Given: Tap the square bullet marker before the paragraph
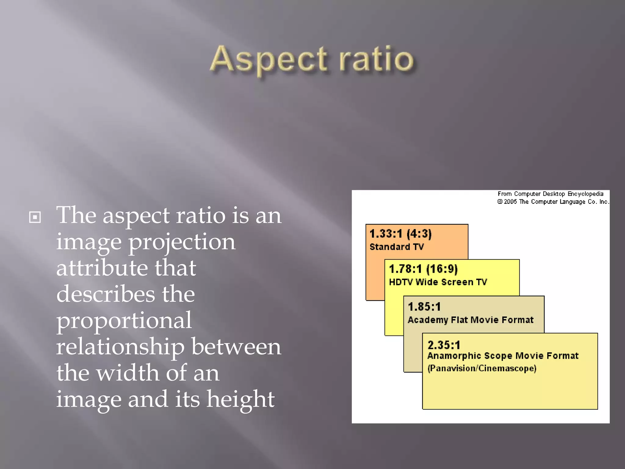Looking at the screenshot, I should pos(35,217).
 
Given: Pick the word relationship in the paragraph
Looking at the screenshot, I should pos(120,347).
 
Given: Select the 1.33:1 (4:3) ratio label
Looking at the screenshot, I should pos(400,234).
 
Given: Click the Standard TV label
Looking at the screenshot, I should pos(396,247).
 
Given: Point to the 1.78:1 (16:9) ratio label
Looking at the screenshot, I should pos(423,269).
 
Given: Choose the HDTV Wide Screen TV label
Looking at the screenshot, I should pos(438,282).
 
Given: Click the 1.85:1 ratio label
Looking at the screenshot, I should pos(424,307).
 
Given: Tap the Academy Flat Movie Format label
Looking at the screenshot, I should pos(470,320).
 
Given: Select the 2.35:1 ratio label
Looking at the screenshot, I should pos(444,345).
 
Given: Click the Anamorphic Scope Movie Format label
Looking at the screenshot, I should pos(503,356).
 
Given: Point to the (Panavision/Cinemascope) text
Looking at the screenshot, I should pos(482,368).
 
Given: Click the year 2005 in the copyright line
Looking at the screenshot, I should pos(510,202).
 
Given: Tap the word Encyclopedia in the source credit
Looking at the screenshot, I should pos(585,194).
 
